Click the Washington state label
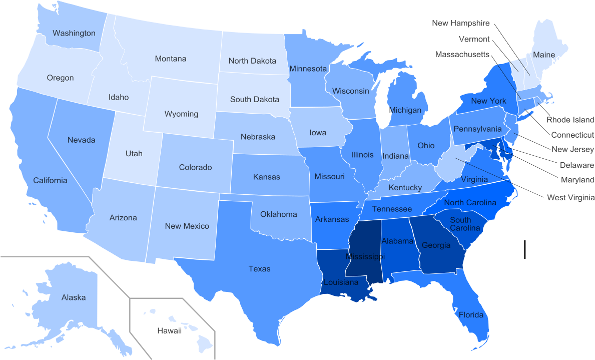point(74,33)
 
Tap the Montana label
point(171,59)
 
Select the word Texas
point(259,269)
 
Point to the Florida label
point(471,315)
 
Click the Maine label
point(543,55)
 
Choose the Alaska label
point(74,297)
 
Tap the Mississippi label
point(365,256)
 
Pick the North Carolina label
point(470,202)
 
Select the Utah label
point(134,153)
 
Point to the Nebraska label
point(258,137)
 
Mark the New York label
point(488,101)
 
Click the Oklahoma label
point(279,214)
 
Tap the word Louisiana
point(341,282)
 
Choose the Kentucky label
point(405,187)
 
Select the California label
point(50,180)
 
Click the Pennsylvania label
point(477,129)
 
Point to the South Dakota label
point(255,99)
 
